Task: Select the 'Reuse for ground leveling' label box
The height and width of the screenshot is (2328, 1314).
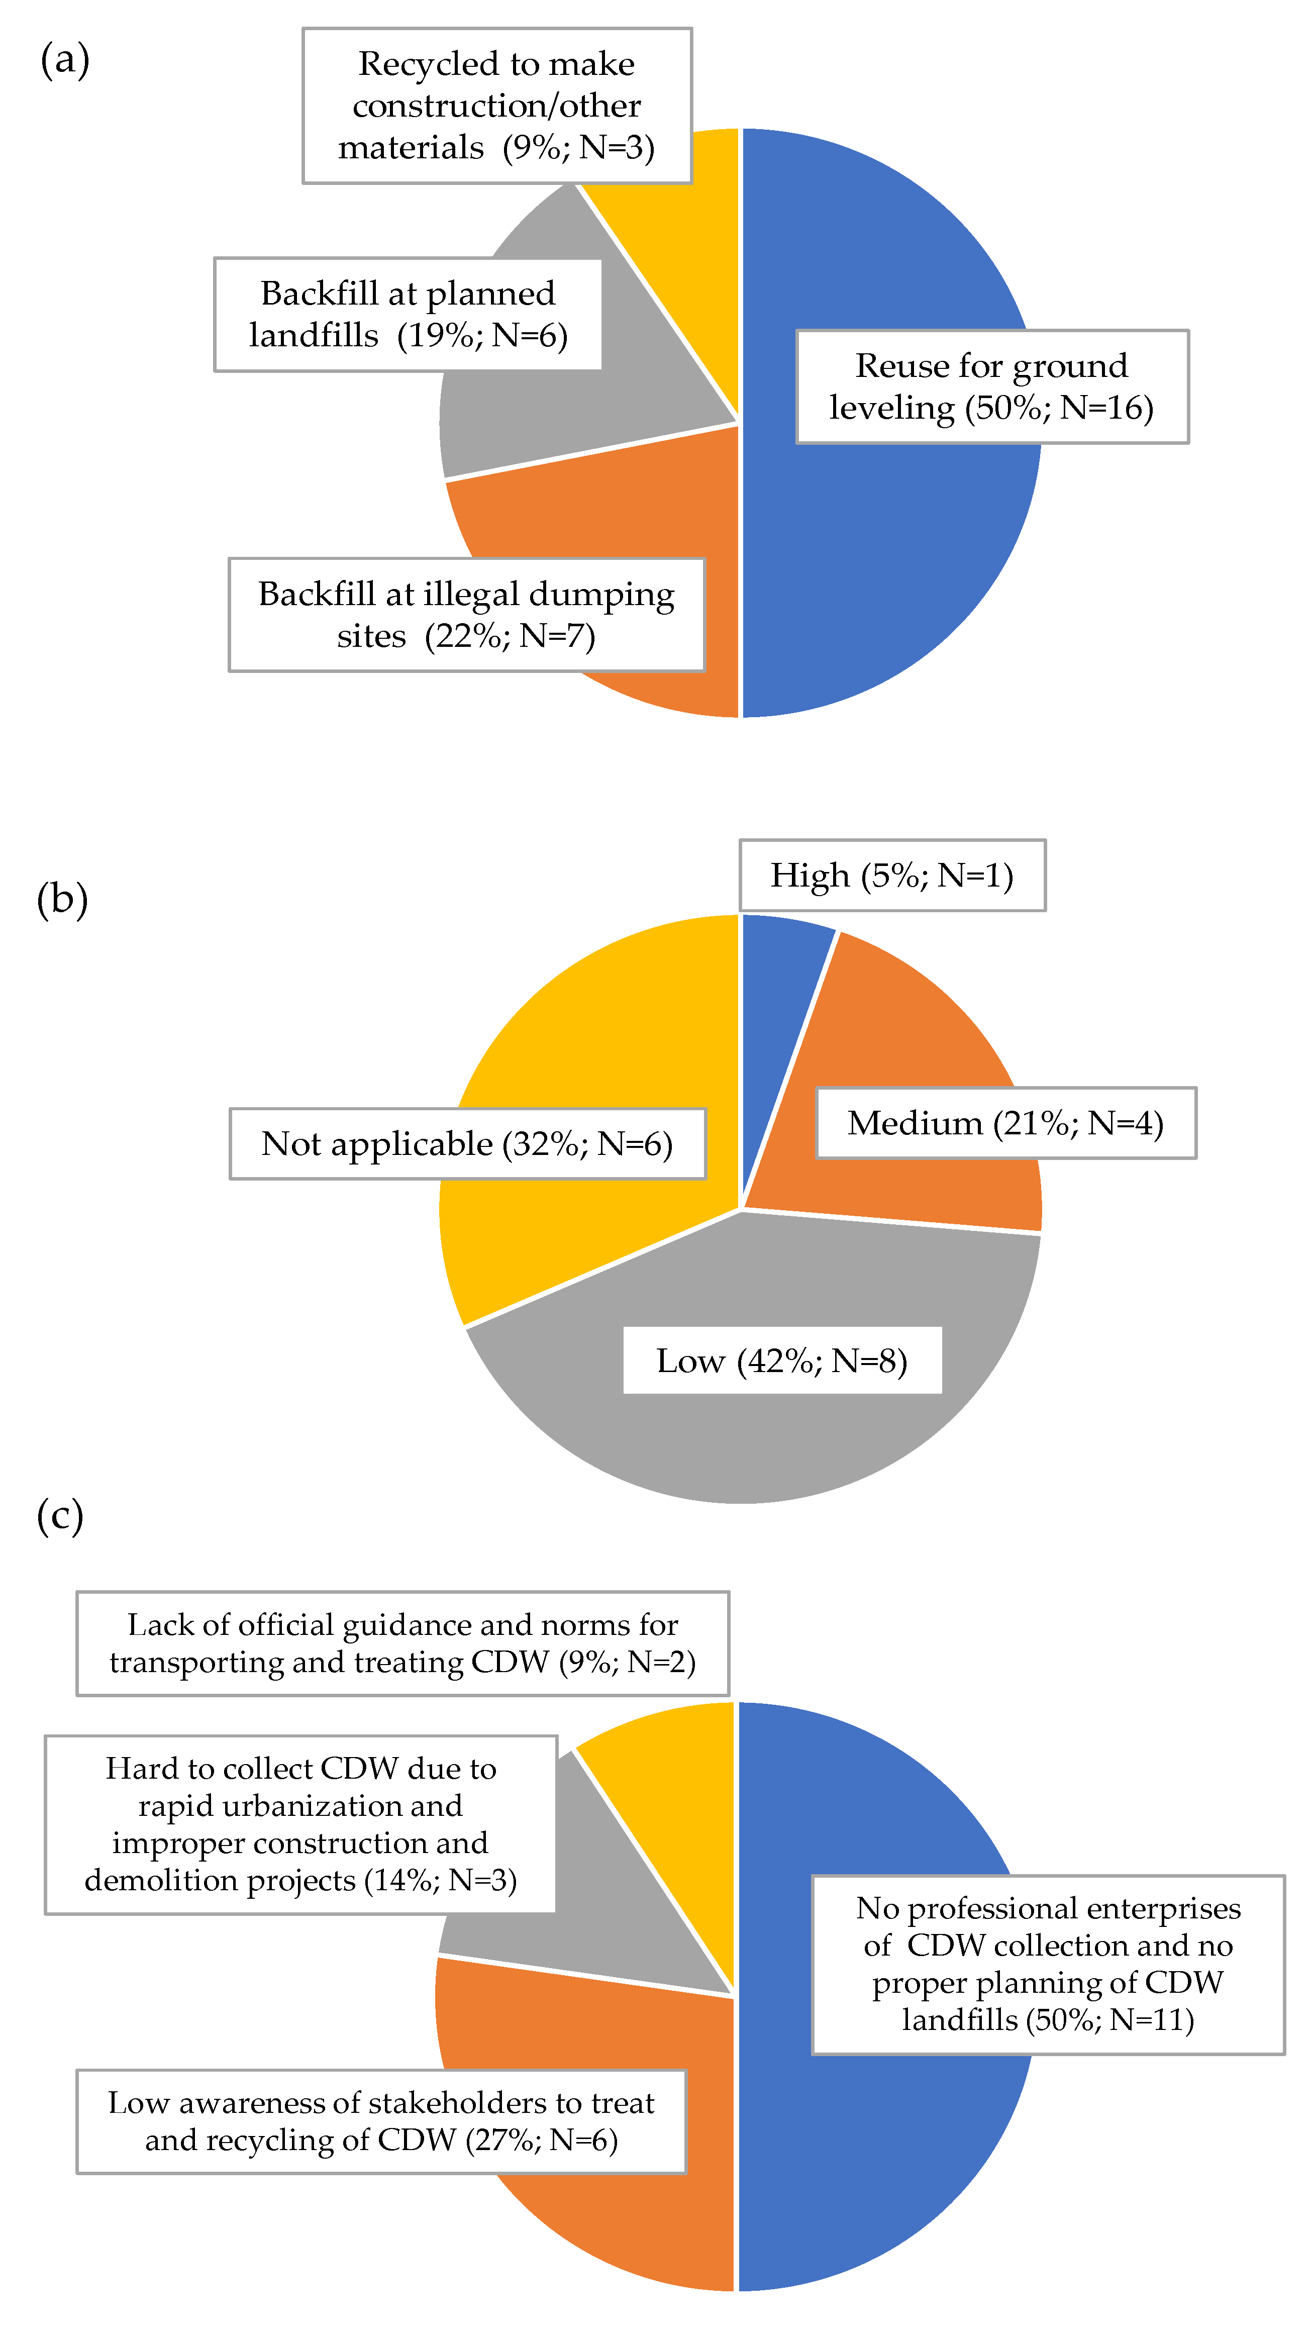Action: [x=991, y=387]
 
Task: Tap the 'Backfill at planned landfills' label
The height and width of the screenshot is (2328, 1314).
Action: [x=408, y=315]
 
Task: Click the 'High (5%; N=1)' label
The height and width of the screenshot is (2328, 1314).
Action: [x=892, y=875]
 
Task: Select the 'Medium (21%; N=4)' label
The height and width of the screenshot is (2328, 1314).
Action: [x=1005, y=1123]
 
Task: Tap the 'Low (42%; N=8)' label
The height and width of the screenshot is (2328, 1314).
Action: [x=782, y=1360]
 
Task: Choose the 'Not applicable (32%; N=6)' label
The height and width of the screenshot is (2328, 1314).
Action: [x=467, y=1144]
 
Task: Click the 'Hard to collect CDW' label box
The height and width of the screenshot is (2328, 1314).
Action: [x=301, y=1824]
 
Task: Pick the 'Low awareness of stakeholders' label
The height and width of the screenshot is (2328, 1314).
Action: [x=381, y=2121]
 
